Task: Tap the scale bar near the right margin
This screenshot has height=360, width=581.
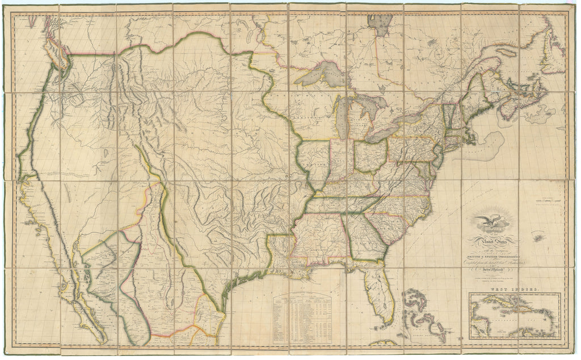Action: coord(548,200)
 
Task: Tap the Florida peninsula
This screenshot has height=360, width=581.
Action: coord(378,293)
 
